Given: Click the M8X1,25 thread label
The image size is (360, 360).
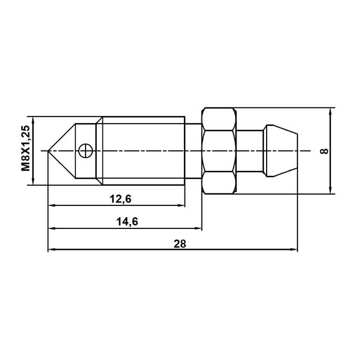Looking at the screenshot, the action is [x=25, y=148].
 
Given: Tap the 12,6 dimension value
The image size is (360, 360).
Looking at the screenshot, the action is [x=120, y=199].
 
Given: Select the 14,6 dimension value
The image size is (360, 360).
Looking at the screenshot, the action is [x=127, y=222].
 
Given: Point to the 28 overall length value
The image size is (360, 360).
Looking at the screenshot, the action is [x=180, y=244].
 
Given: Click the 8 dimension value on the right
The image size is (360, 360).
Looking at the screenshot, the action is [x=325, y=151].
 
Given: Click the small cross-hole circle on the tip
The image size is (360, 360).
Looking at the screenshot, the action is [x=85, y=151].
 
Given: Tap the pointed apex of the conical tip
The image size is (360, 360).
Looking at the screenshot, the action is [x=48, y=151].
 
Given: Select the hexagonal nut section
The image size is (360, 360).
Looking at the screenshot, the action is [x=219, y=151].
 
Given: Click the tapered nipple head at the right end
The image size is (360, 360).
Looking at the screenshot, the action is [x=280, y=151].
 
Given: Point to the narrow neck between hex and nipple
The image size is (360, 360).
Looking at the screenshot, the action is [x=250, y=151].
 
